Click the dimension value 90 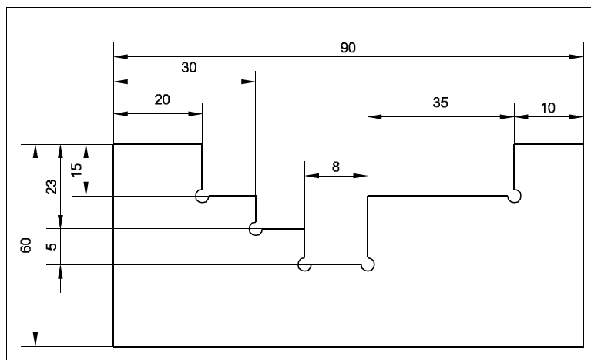(348, 47)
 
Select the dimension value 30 (189, 68)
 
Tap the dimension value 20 (163, 99)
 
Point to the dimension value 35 (440, 102)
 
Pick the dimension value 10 (548, 108)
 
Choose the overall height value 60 (26, 245)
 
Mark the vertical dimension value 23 (52, 187)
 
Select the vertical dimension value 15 (76, 170)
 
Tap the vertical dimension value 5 (52, 248)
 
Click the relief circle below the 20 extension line (202, 197)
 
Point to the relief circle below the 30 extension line (256, 229)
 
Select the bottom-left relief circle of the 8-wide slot (304, 265)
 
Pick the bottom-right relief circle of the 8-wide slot (368, 265)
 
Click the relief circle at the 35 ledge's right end (514, 197)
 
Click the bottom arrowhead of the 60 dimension (34, 341)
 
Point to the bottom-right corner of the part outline (583, 347)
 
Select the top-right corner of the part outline (583, 144)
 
